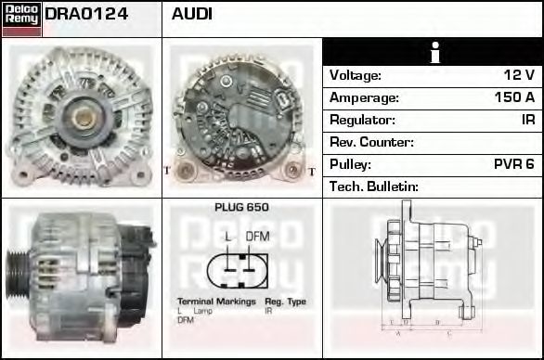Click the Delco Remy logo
21,19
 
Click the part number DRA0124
86,16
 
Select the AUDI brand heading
192,16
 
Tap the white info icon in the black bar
434,52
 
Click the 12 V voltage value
517,75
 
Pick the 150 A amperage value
514,97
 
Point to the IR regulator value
527,120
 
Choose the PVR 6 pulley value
513,164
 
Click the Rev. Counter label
371,142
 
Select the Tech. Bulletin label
374,186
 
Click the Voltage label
356,75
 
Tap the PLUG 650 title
241,208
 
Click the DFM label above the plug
257,236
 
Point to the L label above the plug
228,236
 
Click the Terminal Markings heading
216,302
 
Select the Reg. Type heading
285,302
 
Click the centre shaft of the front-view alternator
82,116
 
